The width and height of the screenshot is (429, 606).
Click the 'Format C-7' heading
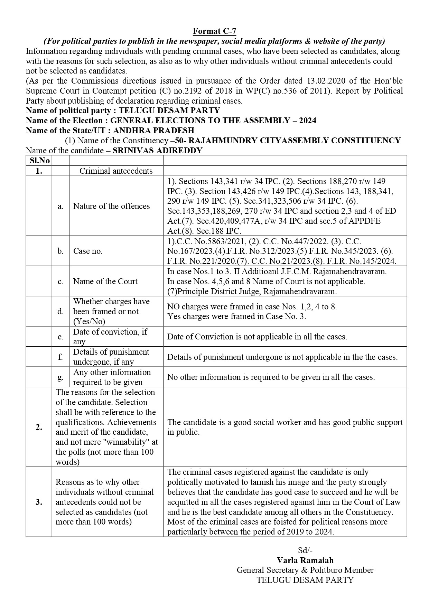[x=214, y=31]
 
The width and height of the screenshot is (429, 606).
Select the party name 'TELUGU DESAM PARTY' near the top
[x=169, y=110]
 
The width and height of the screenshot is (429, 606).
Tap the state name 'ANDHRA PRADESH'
[x=153, y=131]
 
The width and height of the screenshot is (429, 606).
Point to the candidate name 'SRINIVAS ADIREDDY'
[x=158, y=151]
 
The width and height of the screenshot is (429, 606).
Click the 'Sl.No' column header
[x=39, y=161]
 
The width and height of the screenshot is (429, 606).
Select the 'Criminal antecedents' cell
[x=116, y=171]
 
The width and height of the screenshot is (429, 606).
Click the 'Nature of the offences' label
[x=111, y=206]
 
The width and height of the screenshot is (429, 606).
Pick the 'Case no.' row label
[x=88, y=251]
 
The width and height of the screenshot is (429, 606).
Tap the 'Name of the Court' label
[x=105, y=281]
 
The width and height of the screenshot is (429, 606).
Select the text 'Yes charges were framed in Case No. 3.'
[x=236, y=316]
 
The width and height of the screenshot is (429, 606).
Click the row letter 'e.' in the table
[x=60, y=337]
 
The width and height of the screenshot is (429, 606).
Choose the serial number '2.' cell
[x=39, y=427]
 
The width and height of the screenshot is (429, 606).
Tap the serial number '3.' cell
[x=39, y=502]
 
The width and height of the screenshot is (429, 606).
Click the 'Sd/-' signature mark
[x=305, y=550]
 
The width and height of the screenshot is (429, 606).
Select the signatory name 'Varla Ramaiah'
[x=305, y=560]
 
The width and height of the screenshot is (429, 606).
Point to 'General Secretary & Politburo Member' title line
[x=305, y=570]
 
